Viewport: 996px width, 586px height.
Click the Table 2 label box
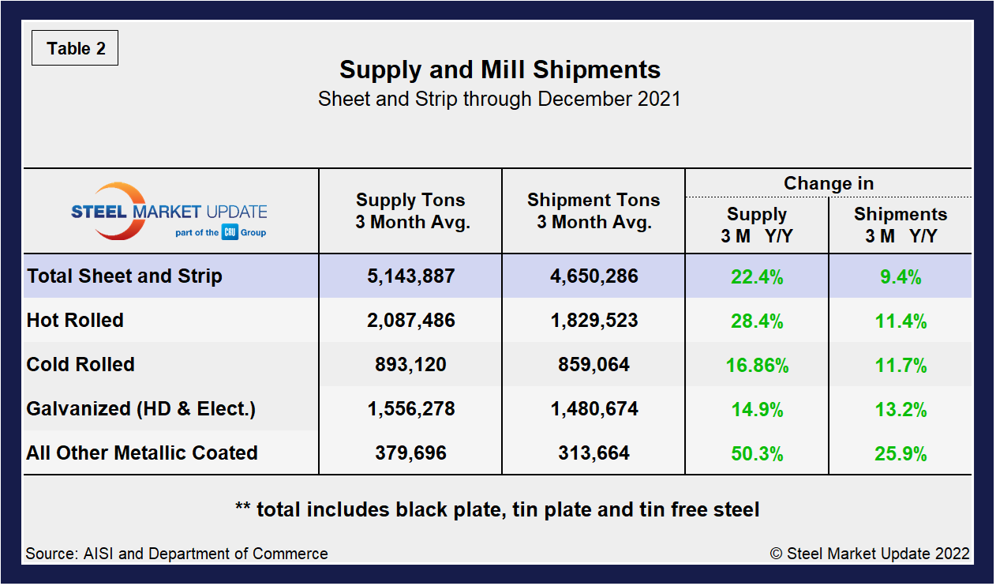pyautogui.click(x=75, y=49)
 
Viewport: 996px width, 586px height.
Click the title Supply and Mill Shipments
pyautogui.click(x=500, y=69)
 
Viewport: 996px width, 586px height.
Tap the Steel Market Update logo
pyautogui.click(x=169, y=212)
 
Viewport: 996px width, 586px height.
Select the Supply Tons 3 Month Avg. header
pyautogui.click(x=410, y=211)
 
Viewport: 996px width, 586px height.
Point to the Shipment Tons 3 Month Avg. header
pyautogui.click(x=593, y=211)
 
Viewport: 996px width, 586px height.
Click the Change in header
pyautogui.click(x=828, y=183)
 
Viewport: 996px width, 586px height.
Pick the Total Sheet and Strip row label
pyautogui.click(x=125, y=276)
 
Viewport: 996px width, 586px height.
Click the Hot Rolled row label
pyautogui.click(x=75, y=321)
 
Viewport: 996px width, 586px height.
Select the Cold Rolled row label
pyautogui.click(x=81, y=365)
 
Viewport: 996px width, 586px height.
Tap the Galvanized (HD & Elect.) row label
pyautogui.click(x=140, y=409)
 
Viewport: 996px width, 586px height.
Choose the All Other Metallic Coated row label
pyautogui.click(x=142, y=453)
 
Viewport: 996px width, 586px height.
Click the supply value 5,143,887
pyautogui.click(x=410, y=276)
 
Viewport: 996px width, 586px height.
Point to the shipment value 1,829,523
pyautogui.click(x=593, y=321)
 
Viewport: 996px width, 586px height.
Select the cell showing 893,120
pyautogui.click(x=410, y=365)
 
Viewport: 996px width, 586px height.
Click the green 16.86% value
pyautogui.click(x=757, y=366)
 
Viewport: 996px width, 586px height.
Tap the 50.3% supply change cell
pyautogui.click(x=757, y=454)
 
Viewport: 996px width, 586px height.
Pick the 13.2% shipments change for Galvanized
pyautogui.click(x=900, y=410)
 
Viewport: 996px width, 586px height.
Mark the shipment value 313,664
pyautogui.click(x=593, y=453)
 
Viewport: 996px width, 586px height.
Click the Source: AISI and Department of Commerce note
pyautogui.click(x=177, y=554)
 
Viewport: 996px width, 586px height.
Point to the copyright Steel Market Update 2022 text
pyautogui.click(x=870, y=554)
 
